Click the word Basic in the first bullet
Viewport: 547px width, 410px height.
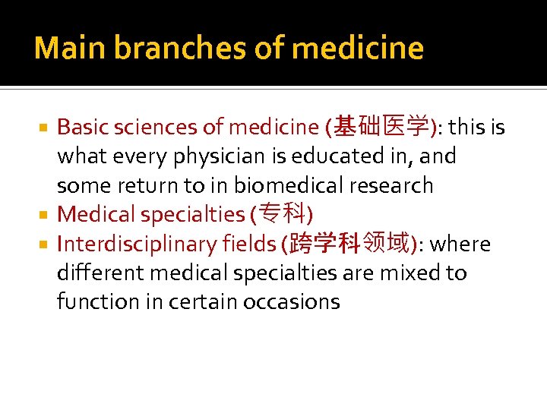coord(81,128)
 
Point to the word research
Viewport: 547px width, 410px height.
coord(395,185)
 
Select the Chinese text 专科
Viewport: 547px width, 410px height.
coord(280,215)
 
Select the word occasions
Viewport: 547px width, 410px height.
coord(292,302)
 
